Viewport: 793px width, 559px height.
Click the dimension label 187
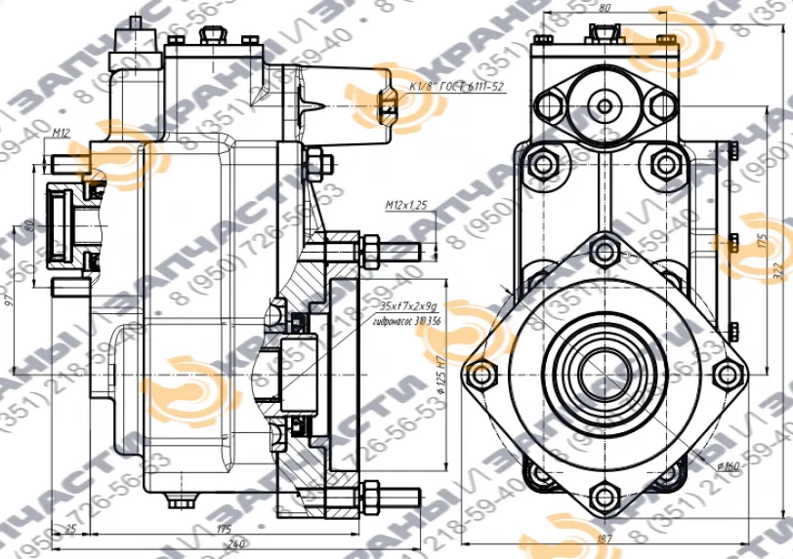point(605,539)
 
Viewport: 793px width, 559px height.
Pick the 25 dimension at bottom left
point(70,529)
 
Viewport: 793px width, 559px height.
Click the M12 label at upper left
point(63,133)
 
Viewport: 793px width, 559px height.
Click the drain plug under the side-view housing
point(177,502)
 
